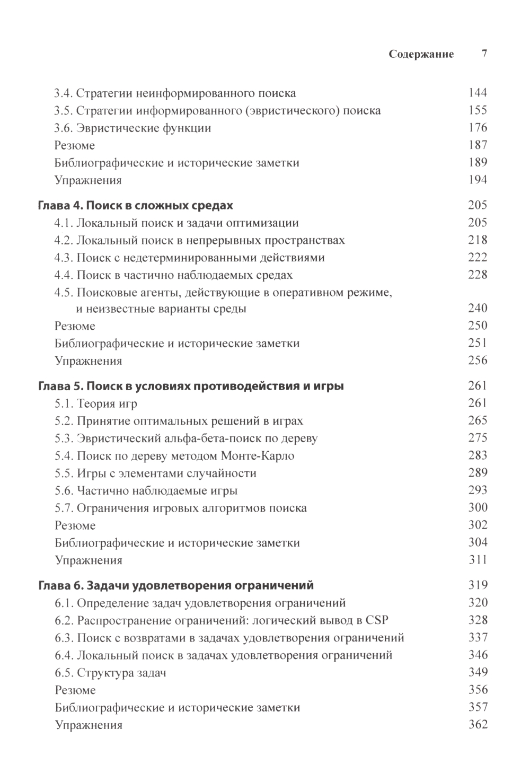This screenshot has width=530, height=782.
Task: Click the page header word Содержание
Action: click(x=421, y=54)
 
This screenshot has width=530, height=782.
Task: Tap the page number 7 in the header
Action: click(x=484, y=54)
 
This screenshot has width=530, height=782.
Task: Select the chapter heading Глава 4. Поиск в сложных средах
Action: click(x=136, y=205)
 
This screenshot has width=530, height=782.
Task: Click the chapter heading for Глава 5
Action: click(x=191, y=386)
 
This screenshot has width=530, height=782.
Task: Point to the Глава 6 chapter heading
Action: click(x=176, y=585)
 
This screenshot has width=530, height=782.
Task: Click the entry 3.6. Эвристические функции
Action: click(x=132, y=128)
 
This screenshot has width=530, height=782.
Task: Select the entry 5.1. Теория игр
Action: click(x=96, y=403)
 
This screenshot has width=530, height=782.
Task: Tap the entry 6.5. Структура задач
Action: click(x=110, y=673)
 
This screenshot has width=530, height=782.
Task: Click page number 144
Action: click(x=478, y=93)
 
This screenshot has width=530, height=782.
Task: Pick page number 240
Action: click(x=478, y=308)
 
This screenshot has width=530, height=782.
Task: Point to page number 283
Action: click(x=478, y=455)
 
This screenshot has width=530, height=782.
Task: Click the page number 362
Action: click(x=478, y=725)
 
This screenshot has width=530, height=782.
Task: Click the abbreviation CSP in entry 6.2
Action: click(x=377, y=620)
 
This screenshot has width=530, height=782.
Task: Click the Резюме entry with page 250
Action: click(x=75, y=326)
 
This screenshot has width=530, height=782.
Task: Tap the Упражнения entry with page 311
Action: click(x=89, y=560)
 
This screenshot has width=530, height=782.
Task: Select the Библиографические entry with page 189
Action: click(x=176, y=163)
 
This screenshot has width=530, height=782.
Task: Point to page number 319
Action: click(x=478, y=585)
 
